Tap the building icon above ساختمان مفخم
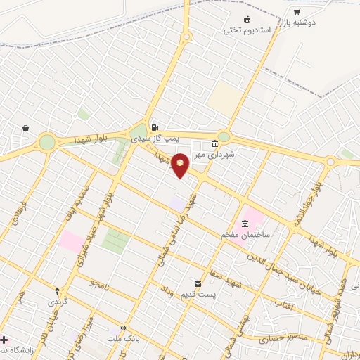(x=245, y=225)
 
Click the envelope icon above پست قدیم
(x=197, y=283)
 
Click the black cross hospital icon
(x=4, y=340)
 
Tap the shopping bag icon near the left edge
(x=26, y=129)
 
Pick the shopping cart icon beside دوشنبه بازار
(x=297, y=12)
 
